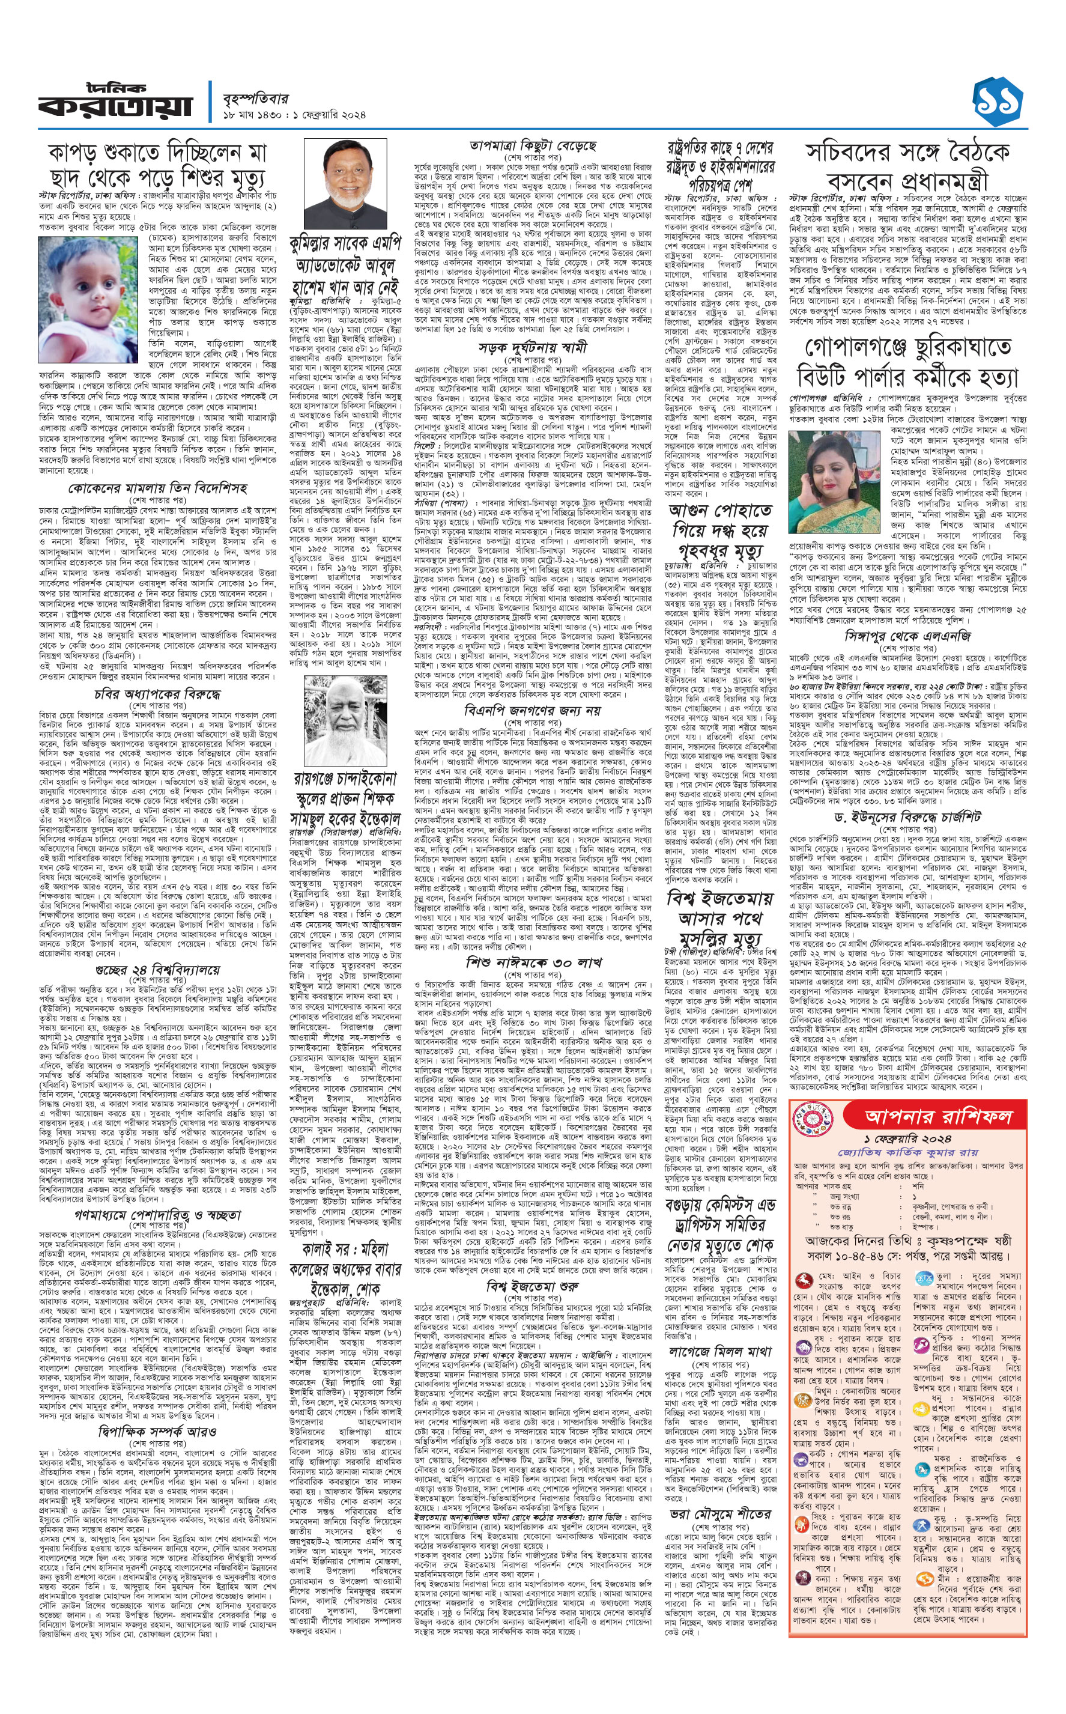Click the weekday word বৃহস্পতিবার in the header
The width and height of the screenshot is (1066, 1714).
click(256, 98)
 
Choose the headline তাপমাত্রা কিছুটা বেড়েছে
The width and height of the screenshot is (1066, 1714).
click(532, 146)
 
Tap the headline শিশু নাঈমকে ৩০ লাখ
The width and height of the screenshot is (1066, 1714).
click(532, 962)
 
